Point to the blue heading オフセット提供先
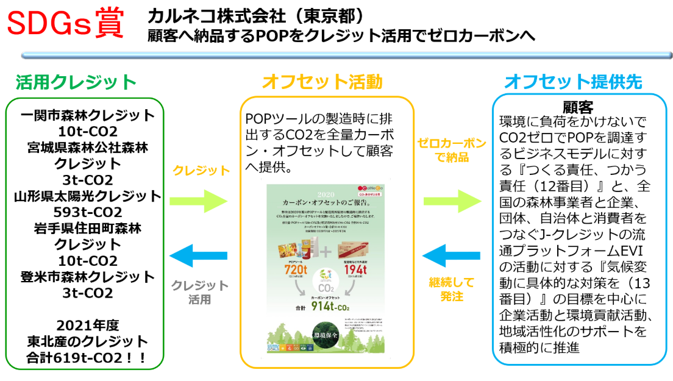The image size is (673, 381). point(574,82)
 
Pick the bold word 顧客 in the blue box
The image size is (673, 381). point(578,107)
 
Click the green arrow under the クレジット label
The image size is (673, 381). point(198,201)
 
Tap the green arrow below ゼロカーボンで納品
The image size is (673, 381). point(452,201)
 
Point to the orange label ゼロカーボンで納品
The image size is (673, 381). point(452,151)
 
